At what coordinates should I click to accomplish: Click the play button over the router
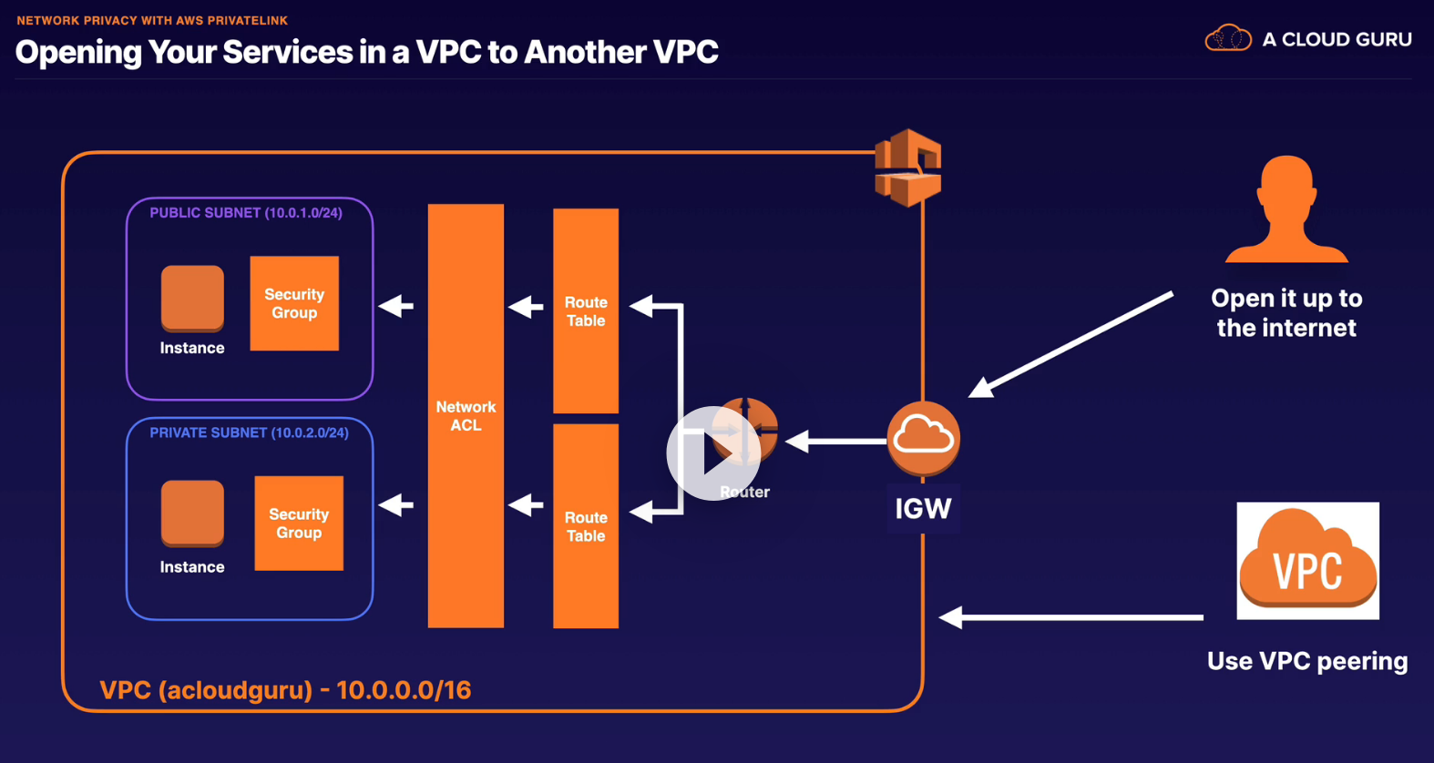713,453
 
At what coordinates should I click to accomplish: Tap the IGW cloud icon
923,438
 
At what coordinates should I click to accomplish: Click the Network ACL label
466,416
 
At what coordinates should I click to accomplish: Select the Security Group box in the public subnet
294,303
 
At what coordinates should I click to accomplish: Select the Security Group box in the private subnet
299,524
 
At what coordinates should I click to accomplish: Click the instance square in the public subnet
192,297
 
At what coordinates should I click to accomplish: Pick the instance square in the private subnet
192,513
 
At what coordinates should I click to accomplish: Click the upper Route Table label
586,311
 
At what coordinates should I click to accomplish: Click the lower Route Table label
586,526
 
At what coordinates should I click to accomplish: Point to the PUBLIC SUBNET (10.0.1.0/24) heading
246,213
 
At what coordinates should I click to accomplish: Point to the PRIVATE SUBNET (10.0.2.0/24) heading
249,432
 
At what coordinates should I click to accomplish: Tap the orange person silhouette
1286,209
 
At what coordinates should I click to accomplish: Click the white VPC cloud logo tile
1307,561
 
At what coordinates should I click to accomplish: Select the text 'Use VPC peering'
1307,661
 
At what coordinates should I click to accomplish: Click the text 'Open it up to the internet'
1286,313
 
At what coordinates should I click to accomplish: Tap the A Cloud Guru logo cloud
1227,39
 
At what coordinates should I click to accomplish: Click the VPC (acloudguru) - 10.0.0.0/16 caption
285,690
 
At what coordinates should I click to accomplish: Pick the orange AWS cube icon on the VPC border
907,168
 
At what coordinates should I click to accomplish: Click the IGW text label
923,509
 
